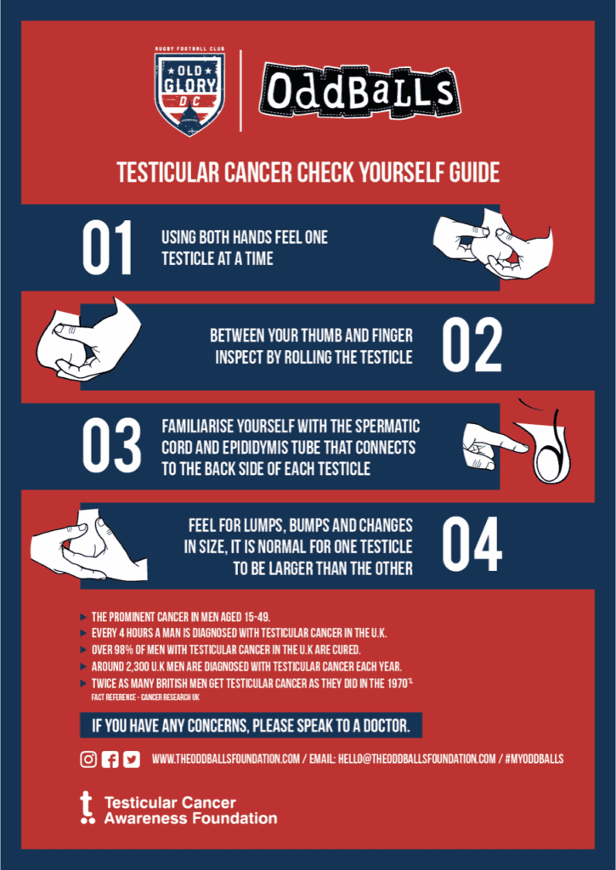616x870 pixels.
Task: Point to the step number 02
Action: point(472,346)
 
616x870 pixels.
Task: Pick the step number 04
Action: point(472,545)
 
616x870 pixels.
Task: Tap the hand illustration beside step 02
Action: point(89,340)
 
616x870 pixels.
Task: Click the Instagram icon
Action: point(88,759)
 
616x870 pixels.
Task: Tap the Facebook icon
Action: point(110,759)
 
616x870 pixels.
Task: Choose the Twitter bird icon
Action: point(132,759)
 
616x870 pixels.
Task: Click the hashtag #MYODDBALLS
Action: point(534,759)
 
